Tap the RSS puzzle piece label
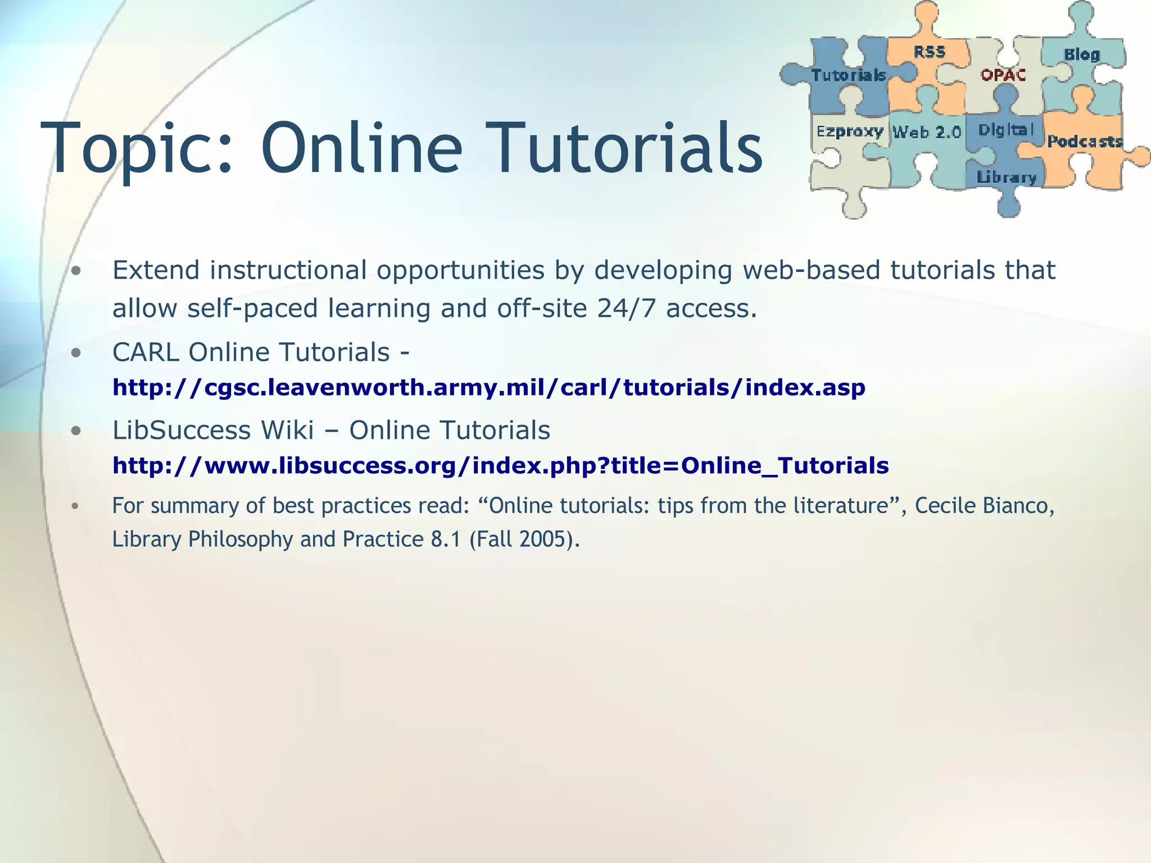(929, 52)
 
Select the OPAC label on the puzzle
(1003, 75)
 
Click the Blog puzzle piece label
(1081, 54)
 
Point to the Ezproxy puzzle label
(849, 131)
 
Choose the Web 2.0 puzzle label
(927, 132)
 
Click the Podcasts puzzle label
(1084, 141)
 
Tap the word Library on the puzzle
(1006, 178)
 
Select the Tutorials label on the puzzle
(848, 75)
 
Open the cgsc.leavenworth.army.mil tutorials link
(488, 387)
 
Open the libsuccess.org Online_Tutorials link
(500, 465)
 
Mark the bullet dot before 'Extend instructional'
(77, 271)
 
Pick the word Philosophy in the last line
(241, 539)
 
